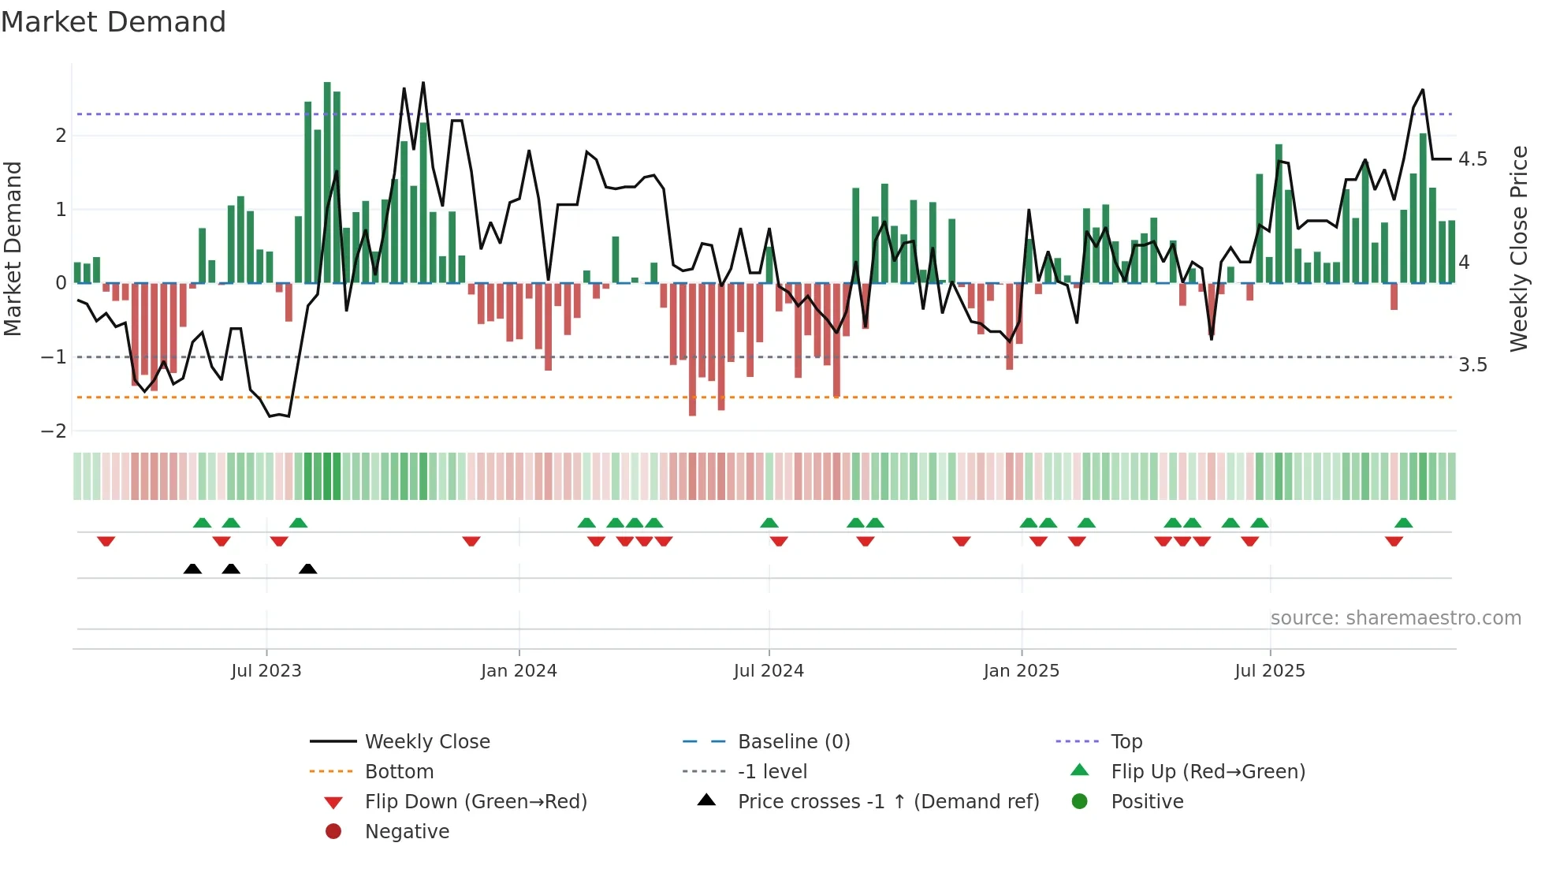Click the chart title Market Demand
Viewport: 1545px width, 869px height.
click(114, 22)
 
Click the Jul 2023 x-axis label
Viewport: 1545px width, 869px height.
click(266, 671)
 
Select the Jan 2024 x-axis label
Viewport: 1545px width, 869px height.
click(519, 671)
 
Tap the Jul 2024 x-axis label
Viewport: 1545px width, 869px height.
click(769, 671)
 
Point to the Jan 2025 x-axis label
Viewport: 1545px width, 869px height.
click(1022, 671)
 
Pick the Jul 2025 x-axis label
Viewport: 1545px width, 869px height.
click(1270, 671)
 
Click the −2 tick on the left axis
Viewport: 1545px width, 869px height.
click(54, 431)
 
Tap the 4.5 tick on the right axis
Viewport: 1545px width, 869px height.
click(1472, 159)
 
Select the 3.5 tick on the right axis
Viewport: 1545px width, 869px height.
click(1472, 365)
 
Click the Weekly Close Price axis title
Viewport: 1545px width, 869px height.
click(1518, 248)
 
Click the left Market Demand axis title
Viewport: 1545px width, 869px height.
click(13, 248)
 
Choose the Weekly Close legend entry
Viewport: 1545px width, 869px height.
click(426, 742)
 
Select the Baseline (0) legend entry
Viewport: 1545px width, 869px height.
click(793, 742)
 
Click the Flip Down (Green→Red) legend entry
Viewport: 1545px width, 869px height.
click(475, 802)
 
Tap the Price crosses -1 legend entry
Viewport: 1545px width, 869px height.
click(888, 802)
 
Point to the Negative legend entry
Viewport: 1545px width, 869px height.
click(407, 832)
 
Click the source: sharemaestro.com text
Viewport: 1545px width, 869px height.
click(1395, 618)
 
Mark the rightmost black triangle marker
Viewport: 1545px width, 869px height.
click(308, 569)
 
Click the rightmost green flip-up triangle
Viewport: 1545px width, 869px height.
click(1403, 523)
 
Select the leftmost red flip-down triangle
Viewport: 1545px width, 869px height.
click(106, 541)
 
